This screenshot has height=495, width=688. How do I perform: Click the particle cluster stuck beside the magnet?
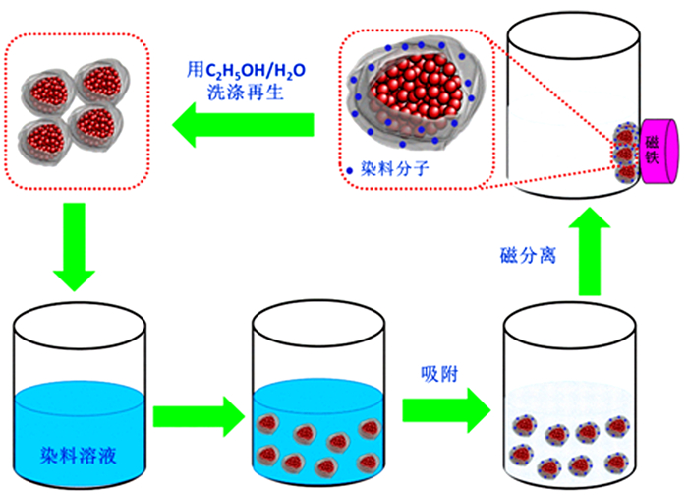623,153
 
